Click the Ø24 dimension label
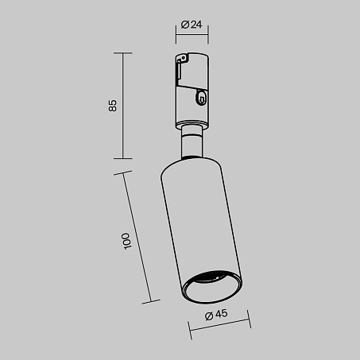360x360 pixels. pos(192,25)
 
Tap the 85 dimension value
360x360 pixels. pos(113,106)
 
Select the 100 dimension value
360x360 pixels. pos(126,241)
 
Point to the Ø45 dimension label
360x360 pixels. pos(216,315)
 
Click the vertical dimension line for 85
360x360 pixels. pos(123,106)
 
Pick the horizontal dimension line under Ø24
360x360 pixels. pos(192,34)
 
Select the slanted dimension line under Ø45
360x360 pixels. pos(219,325)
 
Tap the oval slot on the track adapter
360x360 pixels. pos(201,97)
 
